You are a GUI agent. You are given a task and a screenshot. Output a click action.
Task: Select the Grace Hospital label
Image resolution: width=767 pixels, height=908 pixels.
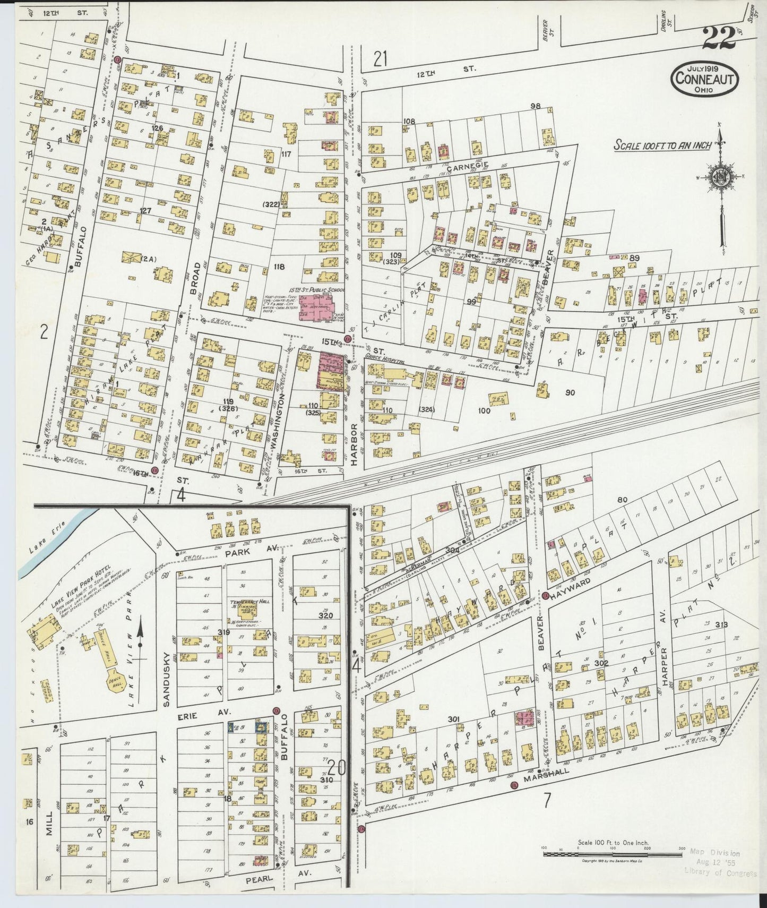coord(385,360)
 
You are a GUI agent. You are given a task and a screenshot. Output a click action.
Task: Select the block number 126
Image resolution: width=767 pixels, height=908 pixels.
coord(158,128)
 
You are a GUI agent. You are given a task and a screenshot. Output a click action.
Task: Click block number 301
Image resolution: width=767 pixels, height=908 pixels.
coord(453,718)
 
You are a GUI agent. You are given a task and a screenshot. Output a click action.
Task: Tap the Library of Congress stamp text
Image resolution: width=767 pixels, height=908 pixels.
coord(720,872)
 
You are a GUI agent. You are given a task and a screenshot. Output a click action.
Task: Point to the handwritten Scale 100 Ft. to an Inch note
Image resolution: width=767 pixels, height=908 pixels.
coord(662,145)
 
